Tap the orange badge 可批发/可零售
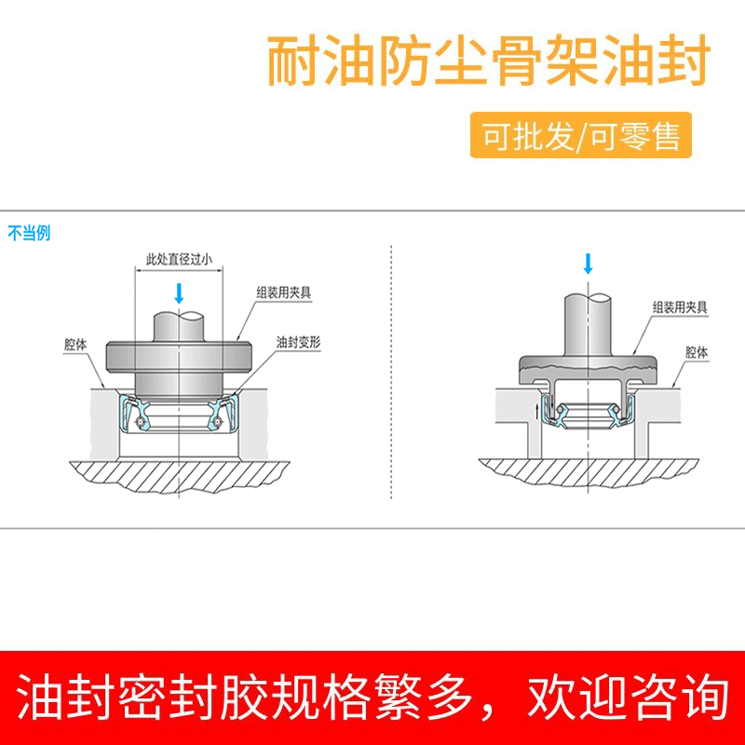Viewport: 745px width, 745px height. tap(581, 136)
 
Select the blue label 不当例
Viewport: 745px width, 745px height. tap(29, 233)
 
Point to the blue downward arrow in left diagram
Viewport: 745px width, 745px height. tap(179, 295)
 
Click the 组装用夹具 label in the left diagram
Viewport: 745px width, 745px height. tap(284, 291)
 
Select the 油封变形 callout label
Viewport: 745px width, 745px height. tap(298, 343)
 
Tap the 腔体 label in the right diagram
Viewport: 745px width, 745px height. tap(697, 353)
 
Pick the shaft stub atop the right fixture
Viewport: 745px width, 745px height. tap(588, 320)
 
